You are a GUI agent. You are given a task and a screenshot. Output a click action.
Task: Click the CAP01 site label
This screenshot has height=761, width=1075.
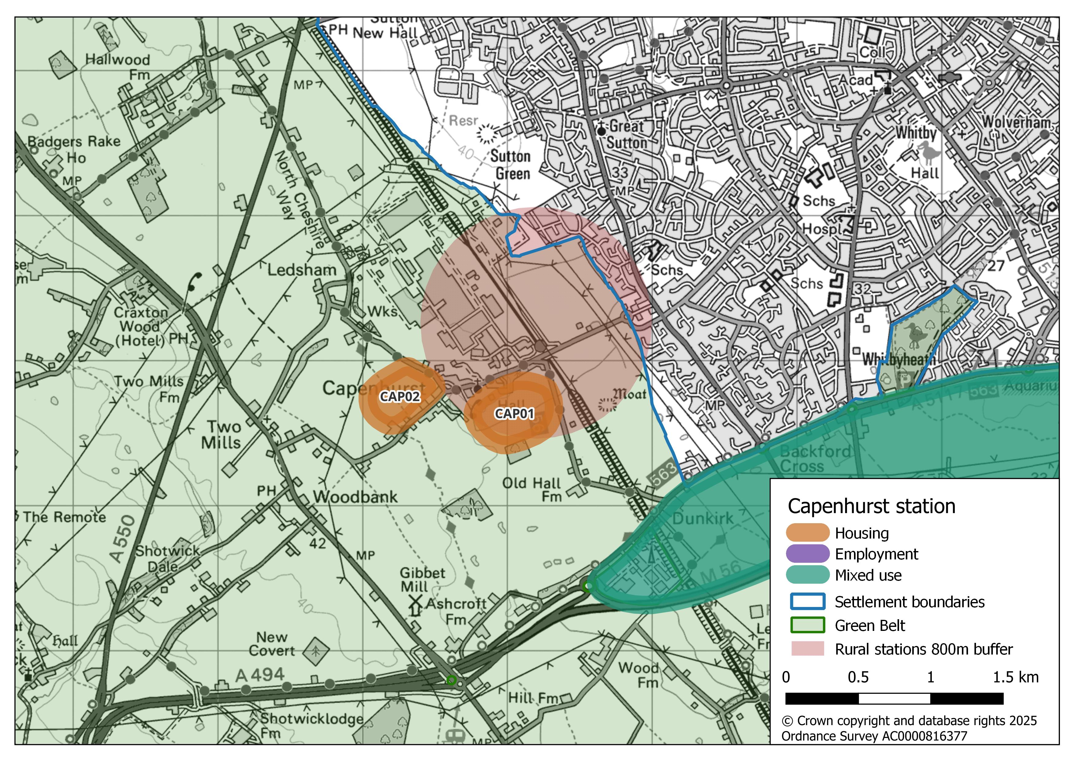[x=514, y=414]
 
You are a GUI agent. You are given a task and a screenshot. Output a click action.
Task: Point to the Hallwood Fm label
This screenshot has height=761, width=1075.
[x=118, y=67]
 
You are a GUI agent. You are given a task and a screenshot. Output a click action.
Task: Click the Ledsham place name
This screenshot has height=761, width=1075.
[x=302, y=270]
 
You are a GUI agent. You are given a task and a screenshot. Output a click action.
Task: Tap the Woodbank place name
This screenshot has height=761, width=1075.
[x=355, y=497]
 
